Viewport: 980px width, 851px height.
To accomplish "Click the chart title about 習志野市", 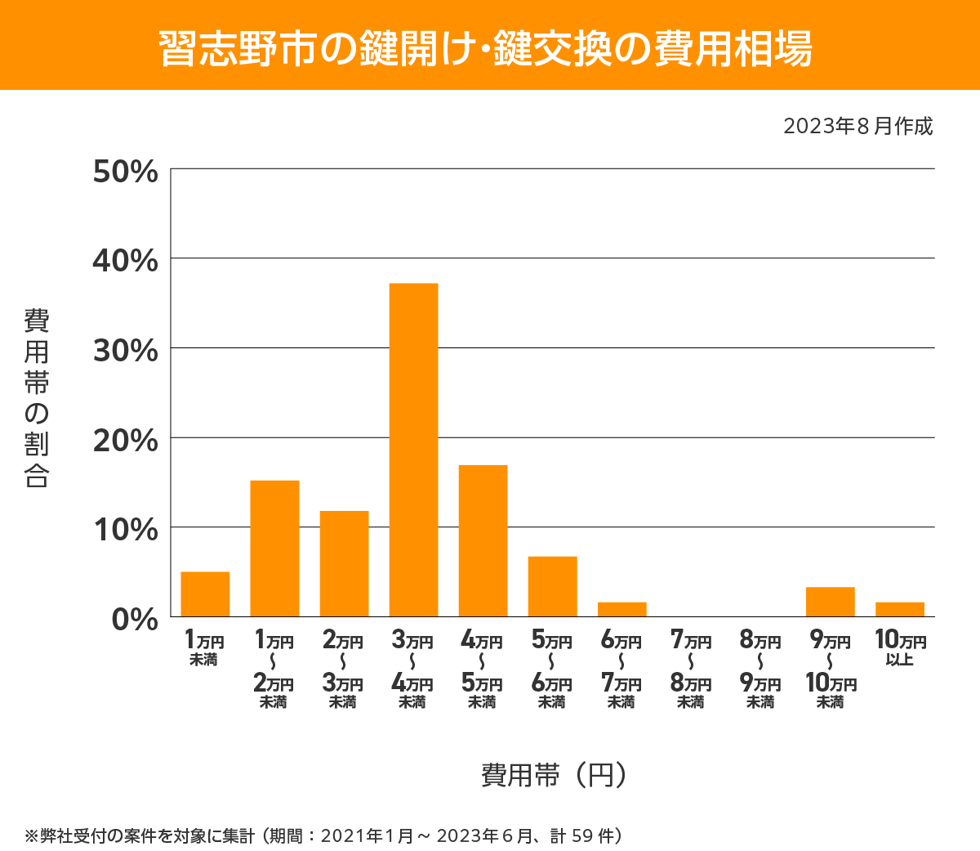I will (x=487, y=48).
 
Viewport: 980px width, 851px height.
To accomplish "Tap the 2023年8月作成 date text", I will (x=857, y=127).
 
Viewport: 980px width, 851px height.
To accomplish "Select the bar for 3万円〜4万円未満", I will (x=413, y=450).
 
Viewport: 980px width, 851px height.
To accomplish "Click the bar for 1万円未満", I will (x=205, y=594).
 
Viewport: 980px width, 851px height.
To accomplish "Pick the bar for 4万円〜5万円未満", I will (x=483, y=540).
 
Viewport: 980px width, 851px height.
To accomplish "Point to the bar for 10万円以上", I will (x=899, y=609).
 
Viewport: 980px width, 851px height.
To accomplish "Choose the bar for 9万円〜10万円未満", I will (x=830, y=602).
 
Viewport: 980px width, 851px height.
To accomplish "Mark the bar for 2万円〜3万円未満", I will (x=344, y=563).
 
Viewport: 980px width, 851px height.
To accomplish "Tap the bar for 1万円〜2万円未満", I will (x=274, y=549).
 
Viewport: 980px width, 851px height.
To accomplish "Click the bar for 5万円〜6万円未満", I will (x=552, y=586).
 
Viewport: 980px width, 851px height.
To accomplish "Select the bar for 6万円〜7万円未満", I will (x=621, y=609).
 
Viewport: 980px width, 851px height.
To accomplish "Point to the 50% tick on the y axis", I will (x=125, y=172).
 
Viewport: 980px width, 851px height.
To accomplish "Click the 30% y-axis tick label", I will (x=125, y=351).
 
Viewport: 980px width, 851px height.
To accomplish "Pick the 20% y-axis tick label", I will (x=125, y=441).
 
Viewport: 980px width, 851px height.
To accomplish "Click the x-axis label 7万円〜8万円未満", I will (x=691, y=670).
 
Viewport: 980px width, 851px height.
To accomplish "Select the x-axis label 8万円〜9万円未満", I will (x=760, y=670).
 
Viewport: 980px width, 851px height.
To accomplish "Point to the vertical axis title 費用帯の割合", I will (x=37, y=398).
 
